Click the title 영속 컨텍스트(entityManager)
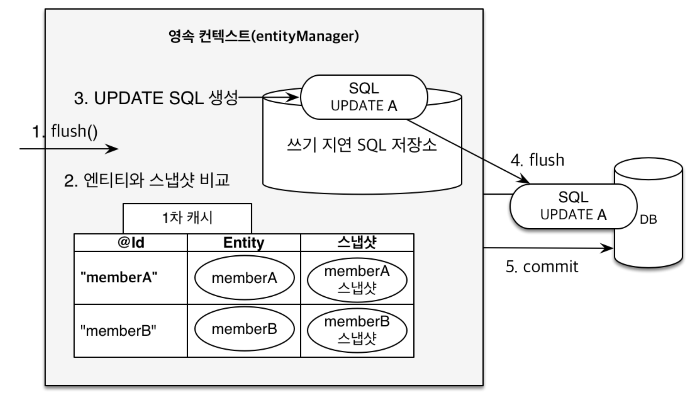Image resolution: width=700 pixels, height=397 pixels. click(264, 36)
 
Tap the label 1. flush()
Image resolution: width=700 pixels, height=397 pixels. click(65, 131)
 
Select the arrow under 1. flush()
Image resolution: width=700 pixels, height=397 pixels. click(69, 148)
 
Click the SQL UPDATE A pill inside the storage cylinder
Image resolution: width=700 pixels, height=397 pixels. click(364, 97)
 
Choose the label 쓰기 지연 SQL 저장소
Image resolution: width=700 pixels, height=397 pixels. click(362, 145)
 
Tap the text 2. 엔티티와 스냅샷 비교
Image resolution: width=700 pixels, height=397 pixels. click(147, 180)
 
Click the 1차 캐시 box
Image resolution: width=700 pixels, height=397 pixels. click(187, 218)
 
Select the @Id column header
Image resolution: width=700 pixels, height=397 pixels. click(131, 243)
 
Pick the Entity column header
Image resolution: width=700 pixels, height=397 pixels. click(244, 243)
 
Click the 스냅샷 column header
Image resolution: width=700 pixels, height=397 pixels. click(357, 243)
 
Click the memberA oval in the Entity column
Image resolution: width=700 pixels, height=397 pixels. click(244, 278)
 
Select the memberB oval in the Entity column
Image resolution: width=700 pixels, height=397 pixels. click(244, 329)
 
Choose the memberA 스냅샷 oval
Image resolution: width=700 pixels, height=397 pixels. click(357, 280)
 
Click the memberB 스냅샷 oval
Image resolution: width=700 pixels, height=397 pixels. click(357, 330)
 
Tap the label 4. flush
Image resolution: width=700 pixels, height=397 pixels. click(537, 160)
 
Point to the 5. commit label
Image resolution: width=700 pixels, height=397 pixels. click(542, 267)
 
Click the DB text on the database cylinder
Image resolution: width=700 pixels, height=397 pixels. click(648, 220)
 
